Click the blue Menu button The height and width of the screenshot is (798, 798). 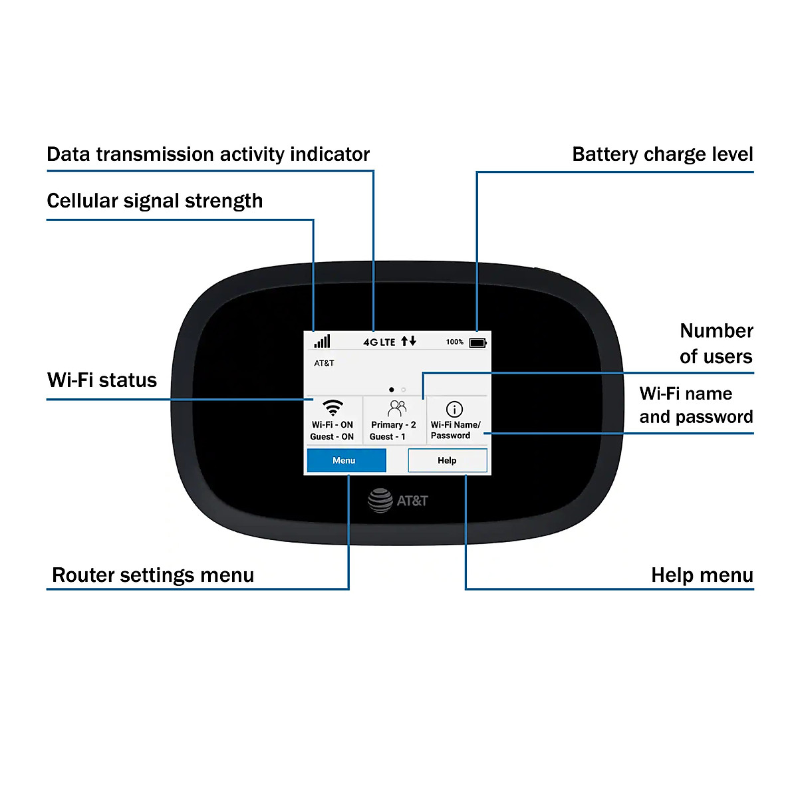tap(346, 460)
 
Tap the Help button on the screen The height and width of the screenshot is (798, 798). tap(447, 460)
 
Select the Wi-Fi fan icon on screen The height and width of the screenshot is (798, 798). tap(332, 408)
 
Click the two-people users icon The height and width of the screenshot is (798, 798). tap(396, 408)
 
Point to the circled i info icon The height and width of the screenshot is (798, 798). tap(454, 409)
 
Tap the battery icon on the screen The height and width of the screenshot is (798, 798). tap(478, 342)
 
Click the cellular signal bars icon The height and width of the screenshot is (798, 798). tap(323, 341)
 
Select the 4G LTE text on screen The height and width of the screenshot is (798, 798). tap(379, 342)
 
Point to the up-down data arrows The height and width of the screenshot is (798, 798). tap(408, 341)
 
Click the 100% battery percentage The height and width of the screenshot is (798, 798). tap(455, 342)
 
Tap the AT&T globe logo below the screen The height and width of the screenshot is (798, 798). tap(380, 500)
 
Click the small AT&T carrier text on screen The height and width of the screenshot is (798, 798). tap(325, 363)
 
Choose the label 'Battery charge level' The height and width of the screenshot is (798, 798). tap(662, 154)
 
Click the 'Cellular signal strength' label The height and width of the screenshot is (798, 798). tap(155, 201)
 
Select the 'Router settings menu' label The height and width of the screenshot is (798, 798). tap(153, 575)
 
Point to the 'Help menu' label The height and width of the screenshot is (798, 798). tap(702, 575)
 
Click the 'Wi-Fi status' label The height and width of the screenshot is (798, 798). tap(102, 380)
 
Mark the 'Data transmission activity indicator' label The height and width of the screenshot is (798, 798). tap(208, 154)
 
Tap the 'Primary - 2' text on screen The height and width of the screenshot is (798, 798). tap(394, 425)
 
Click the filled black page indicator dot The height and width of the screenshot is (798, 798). tap(392, 390)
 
